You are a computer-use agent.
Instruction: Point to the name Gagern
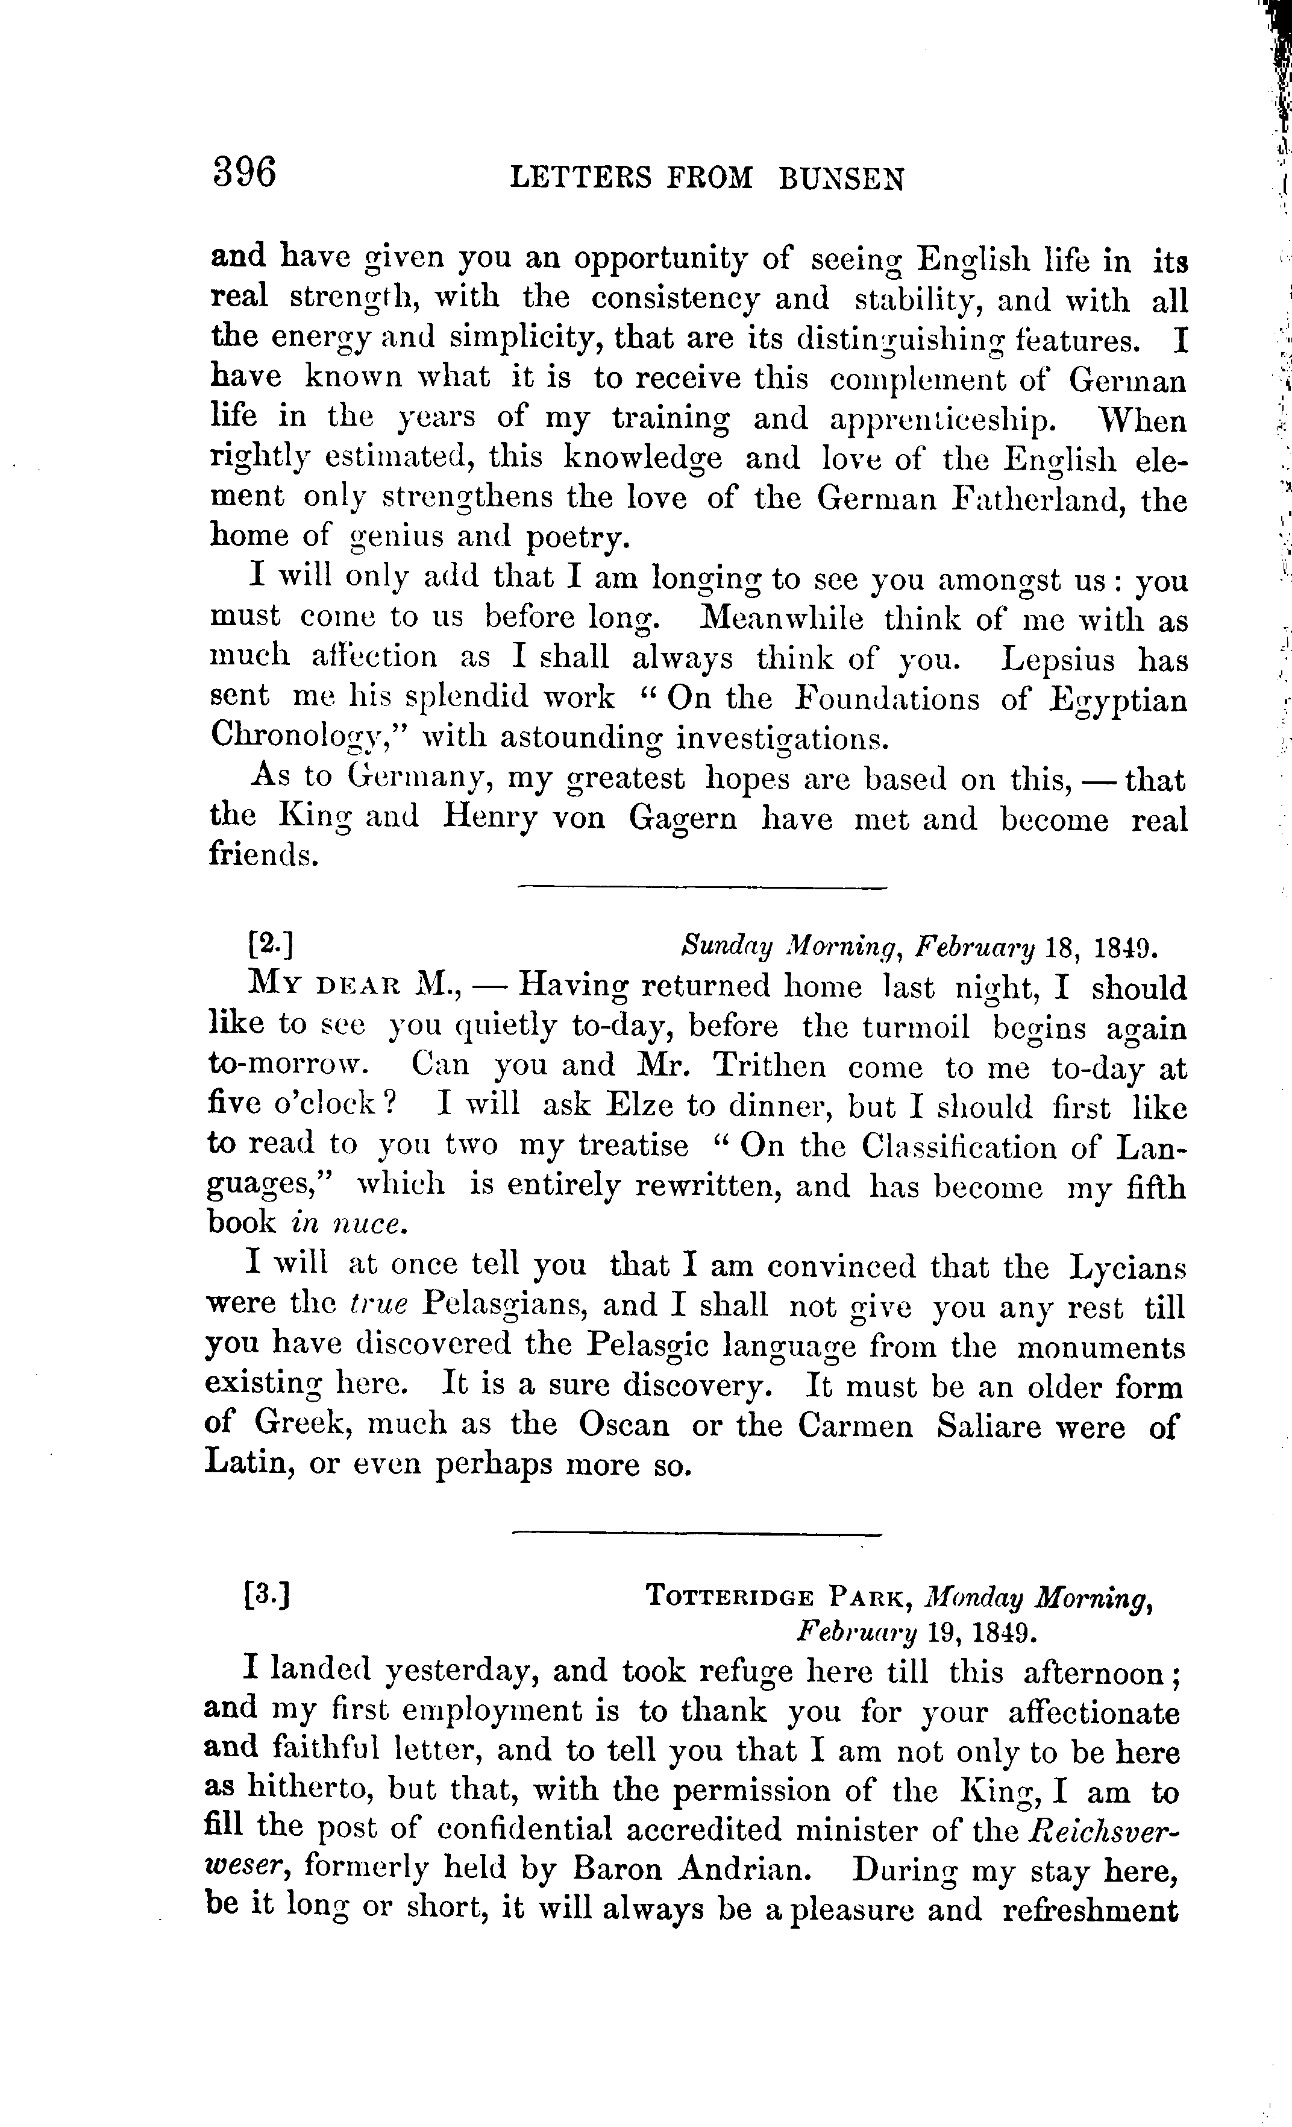coord(683,816)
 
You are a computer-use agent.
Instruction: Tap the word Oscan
coord(623,1425)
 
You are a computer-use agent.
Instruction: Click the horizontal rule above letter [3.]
coord(697,1534)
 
